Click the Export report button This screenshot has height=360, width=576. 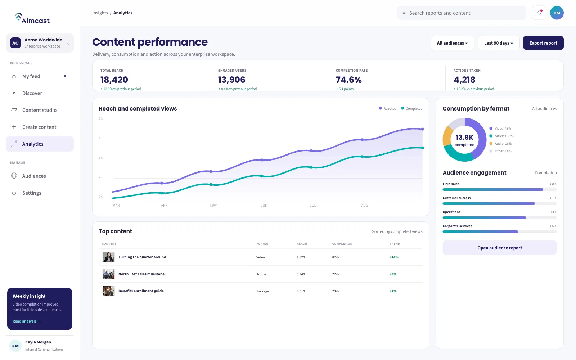click(543, 43)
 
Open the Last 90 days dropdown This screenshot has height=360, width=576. click(498, 43)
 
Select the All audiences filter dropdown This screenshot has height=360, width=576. click(452, 43)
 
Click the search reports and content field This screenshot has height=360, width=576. click(461, 13)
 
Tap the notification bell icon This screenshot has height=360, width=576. click(539, 13)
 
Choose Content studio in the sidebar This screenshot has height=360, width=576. click(40, 110)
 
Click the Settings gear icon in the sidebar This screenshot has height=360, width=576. click(14, 193)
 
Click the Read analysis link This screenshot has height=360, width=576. click(27, 321)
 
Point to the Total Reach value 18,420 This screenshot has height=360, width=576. click(114, 80)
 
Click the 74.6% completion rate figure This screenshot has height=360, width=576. click(349, 80)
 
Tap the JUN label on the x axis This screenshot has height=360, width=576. click(264, 206)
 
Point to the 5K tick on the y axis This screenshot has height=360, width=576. click(101, 118)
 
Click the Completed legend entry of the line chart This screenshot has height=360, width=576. click(412, 108)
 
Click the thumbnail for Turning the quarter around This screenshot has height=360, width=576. click(108, 257)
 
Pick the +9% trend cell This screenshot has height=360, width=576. click(393, 274)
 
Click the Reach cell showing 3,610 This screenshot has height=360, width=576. click(301, 291)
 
